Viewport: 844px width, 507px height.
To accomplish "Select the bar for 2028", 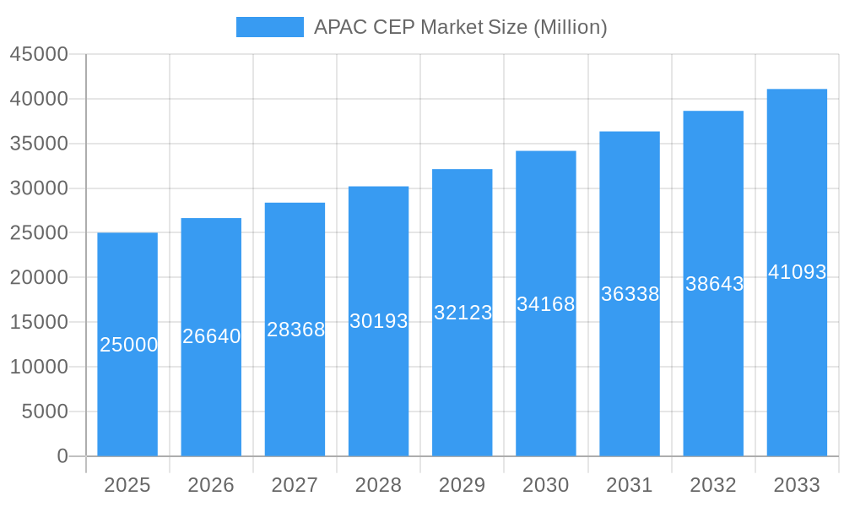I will click(378, 380).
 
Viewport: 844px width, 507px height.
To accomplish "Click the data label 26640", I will click(211, 336).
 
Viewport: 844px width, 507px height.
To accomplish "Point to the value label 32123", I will click(463, 313).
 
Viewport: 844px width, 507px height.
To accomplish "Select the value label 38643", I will click(714, 284).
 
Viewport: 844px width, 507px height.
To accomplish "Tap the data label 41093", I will click(797, 272).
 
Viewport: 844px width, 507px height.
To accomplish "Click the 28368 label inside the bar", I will click(295, 330).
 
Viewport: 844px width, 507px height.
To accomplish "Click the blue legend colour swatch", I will click(269, 27).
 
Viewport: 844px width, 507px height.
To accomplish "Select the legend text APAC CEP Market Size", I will click(460, 27).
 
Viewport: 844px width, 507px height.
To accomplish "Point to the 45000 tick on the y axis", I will click(39, 54).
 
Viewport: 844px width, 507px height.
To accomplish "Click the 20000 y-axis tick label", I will click(39, 277).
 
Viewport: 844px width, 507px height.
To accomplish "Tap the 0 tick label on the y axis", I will click(62, 456).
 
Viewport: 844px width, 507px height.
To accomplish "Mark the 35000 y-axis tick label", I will click(39, 144).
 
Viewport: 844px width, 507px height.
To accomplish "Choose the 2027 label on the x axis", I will click(295, 485).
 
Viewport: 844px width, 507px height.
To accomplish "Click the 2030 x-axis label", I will click(546, 485).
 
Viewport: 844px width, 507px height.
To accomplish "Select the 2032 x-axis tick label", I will click(713, 485).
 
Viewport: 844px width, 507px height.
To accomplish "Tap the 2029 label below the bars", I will click(462, 485).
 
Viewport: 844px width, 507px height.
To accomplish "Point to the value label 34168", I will click(546, 304).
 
